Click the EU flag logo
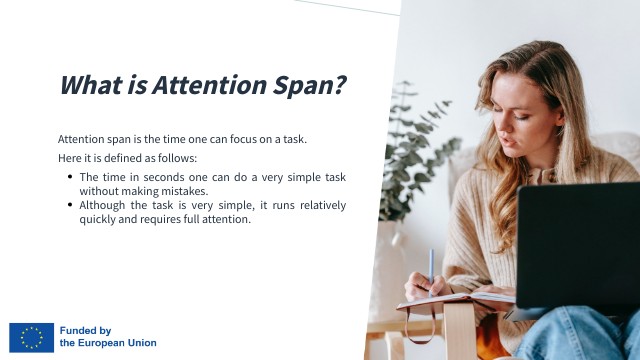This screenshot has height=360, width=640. [32, 337]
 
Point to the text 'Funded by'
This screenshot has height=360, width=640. [85, 330]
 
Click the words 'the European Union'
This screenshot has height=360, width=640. [108, 343]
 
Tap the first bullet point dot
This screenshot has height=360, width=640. [70, 177]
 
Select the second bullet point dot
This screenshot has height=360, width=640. [70, 205]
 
